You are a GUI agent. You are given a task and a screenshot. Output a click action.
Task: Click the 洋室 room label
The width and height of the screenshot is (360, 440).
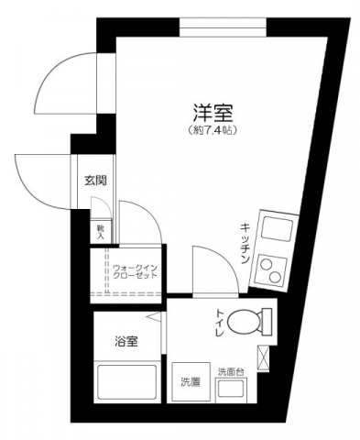213,114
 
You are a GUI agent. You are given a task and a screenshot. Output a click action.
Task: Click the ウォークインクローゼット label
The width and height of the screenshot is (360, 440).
135,270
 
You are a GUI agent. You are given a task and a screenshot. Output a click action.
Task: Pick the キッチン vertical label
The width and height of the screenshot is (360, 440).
246,244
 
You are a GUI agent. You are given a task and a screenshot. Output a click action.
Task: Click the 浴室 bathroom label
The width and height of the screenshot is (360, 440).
125,342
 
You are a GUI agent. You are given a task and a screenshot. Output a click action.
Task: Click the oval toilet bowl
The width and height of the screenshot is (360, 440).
243,322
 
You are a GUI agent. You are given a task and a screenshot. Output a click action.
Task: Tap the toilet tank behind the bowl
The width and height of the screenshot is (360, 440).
267,322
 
